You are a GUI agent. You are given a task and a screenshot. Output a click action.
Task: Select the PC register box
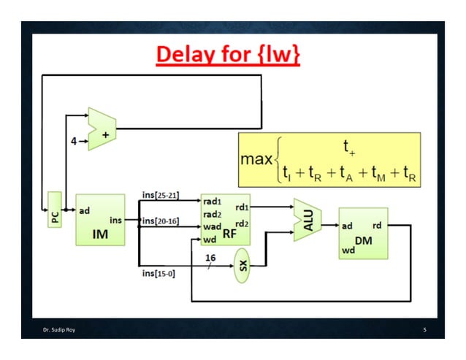point(55,210)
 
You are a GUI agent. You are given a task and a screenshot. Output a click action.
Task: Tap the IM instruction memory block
point(100,220)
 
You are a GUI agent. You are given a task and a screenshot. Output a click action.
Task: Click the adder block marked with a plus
point(102,129)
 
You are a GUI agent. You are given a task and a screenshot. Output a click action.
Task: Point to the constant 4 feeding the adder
point(74,141)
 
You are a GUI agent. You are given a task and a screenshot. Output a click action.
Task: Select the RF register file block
point(224,220)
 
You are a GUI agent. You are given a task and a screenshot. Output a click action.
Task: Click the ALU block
point(308,220)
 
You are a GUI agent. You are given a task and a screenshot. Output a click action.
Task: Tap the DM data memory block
point(363,233)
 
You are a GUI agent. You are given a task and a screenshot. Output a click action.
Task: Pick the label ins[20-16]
point(160,220)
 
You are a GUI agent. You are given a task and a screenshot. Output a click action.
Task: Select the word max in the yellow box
point(256,158)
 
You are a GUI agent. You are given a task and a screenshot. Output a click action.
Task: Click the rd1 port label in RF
point(242,207)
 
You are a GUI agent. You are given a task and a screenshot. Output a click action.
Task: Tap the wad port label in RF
point(213,226)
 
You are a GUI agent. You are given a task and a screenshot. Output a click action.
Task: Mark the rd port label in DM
point(377,226)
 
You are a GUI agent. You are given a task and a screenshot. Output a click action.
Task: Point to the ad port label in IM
point(85,210)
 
